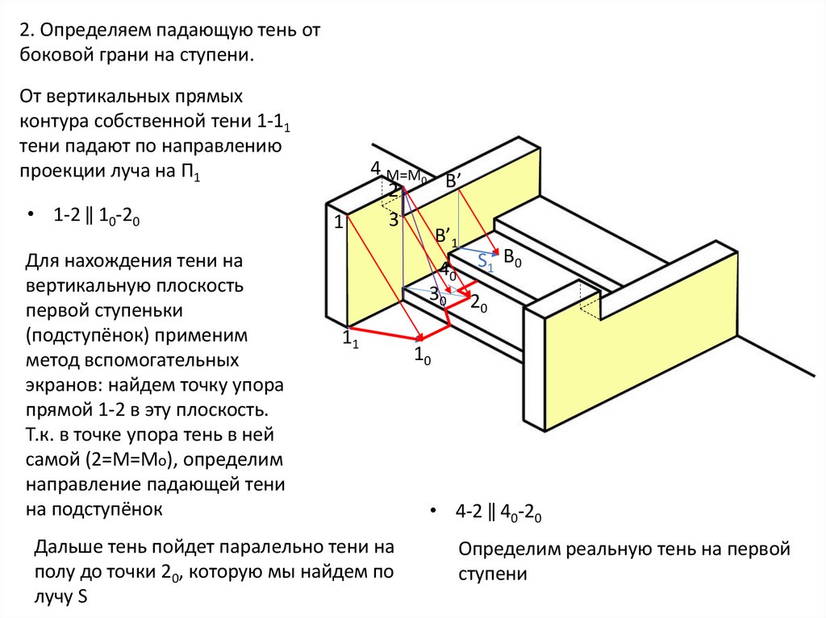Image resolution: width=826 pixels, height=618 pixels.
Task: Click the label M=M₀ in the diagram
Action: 406,176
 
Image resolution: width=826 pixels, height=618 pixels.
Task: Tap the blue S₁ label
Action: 485,260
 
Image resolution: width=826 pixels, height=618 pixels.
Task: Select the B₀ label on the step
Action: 513,258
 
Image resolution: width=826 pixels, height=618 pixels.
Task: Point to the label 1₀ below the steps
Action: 422,355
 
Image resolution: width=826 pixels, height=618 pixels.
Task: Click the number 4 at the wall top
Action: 375,168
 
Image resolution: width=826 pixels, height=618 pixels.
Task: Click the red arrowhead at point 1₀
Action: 419,337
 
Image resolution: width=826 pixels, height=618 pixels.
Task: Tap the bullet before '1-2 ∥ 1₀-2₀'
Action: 31,216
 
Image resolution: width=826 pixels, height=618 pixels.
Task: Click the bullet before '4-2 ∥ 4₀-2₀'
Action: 433,512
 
